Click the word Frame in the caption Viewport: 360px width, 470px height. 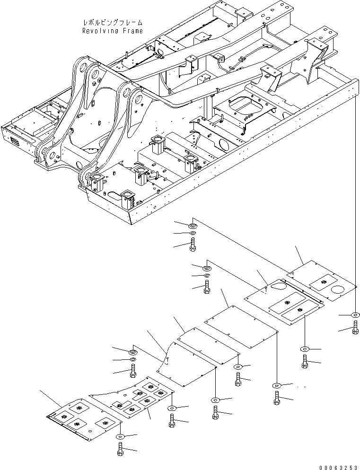click(x=132, y=31)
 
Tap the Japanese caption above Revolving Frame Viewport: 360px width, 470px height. click(x=112, y=22)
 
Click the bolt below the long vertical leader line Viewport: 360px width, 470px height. click(x=355, y=327)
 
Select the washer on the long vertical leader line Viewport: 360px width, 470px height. click(x=355, y=315)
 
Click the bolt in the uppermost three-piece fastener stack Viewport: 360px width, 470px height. click(x=193, y=244)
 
